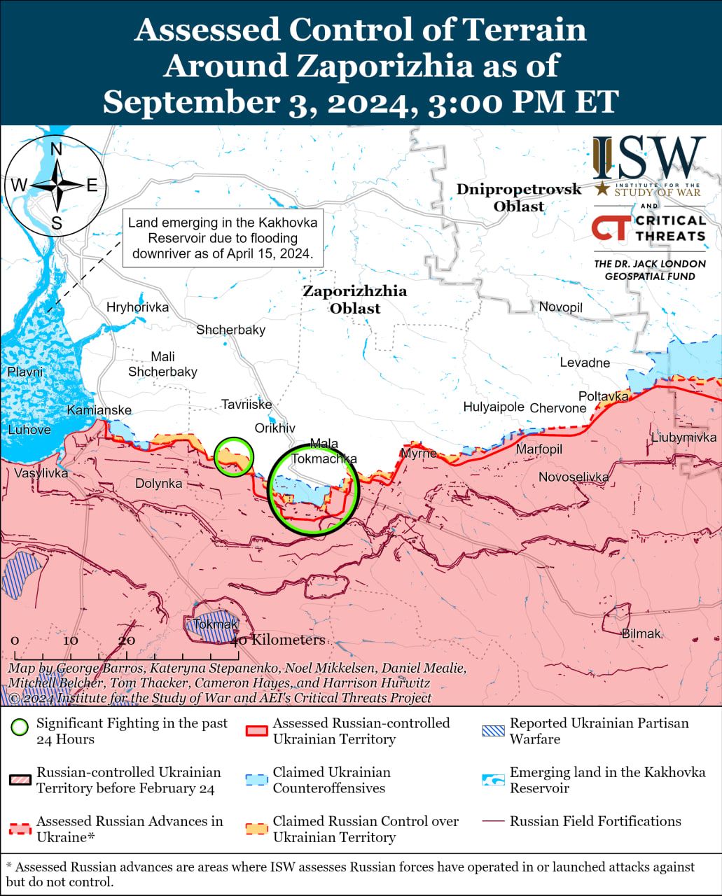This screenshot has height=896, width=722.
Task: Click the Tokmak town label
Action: pyautogui.click(x=215, y=624)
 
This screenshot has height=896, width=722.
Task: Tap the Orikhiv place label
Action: pyautogui.click(x=275, y=428)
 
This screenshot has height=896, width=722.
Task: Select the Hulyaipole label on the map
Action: pyautogui.click(x=493, y=407)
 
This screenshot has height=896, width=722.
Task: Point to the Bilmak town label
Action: pyautogui.click(x=641, y=633)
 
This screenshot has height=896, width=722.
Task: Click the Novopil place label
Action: pyautogui.click(x=560, y=307)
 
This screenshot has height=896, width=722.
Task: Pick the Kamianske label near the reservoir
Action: pyautogui.click(x=99, y=410)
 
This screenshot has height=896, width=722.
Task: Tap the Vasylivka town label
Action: pyautogui.click(x=41, y=473)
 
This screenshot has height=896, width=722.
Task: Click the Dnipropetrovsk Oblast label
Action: pyautogui.click(x=518, y=197)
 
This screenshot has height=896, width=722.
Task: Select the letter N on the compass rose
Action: pyautogui.click(x=57, y=149)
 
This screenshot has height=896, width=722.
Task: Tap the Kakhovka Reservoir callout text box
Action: pyautogui.click(x=223, y=238)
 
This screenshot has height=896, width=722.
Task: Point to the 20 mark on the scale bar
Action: pyautogui.click(x=127, y=640)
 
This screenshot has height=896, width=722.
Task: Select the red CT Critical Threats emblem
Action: pyautogui.click(x=609, y=228)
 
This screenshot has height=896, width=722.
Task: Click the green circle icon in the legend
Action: pyautogui.click(x=20, y=727)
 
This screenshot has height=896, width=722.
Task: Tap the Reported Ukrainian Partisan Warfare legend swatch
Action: pyautogui.click(x=493, y=731)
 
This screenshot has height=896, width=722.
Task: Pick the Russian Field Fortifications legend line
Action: pyautogui.click(x=493, y=822)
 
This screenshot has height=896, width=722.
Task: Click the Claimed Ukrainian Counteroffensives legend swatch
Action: pyautogui.click(x=257, y=780)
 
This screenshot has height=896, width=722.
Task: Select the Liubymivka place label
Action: pyautogui.click(x=683, y=437)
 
